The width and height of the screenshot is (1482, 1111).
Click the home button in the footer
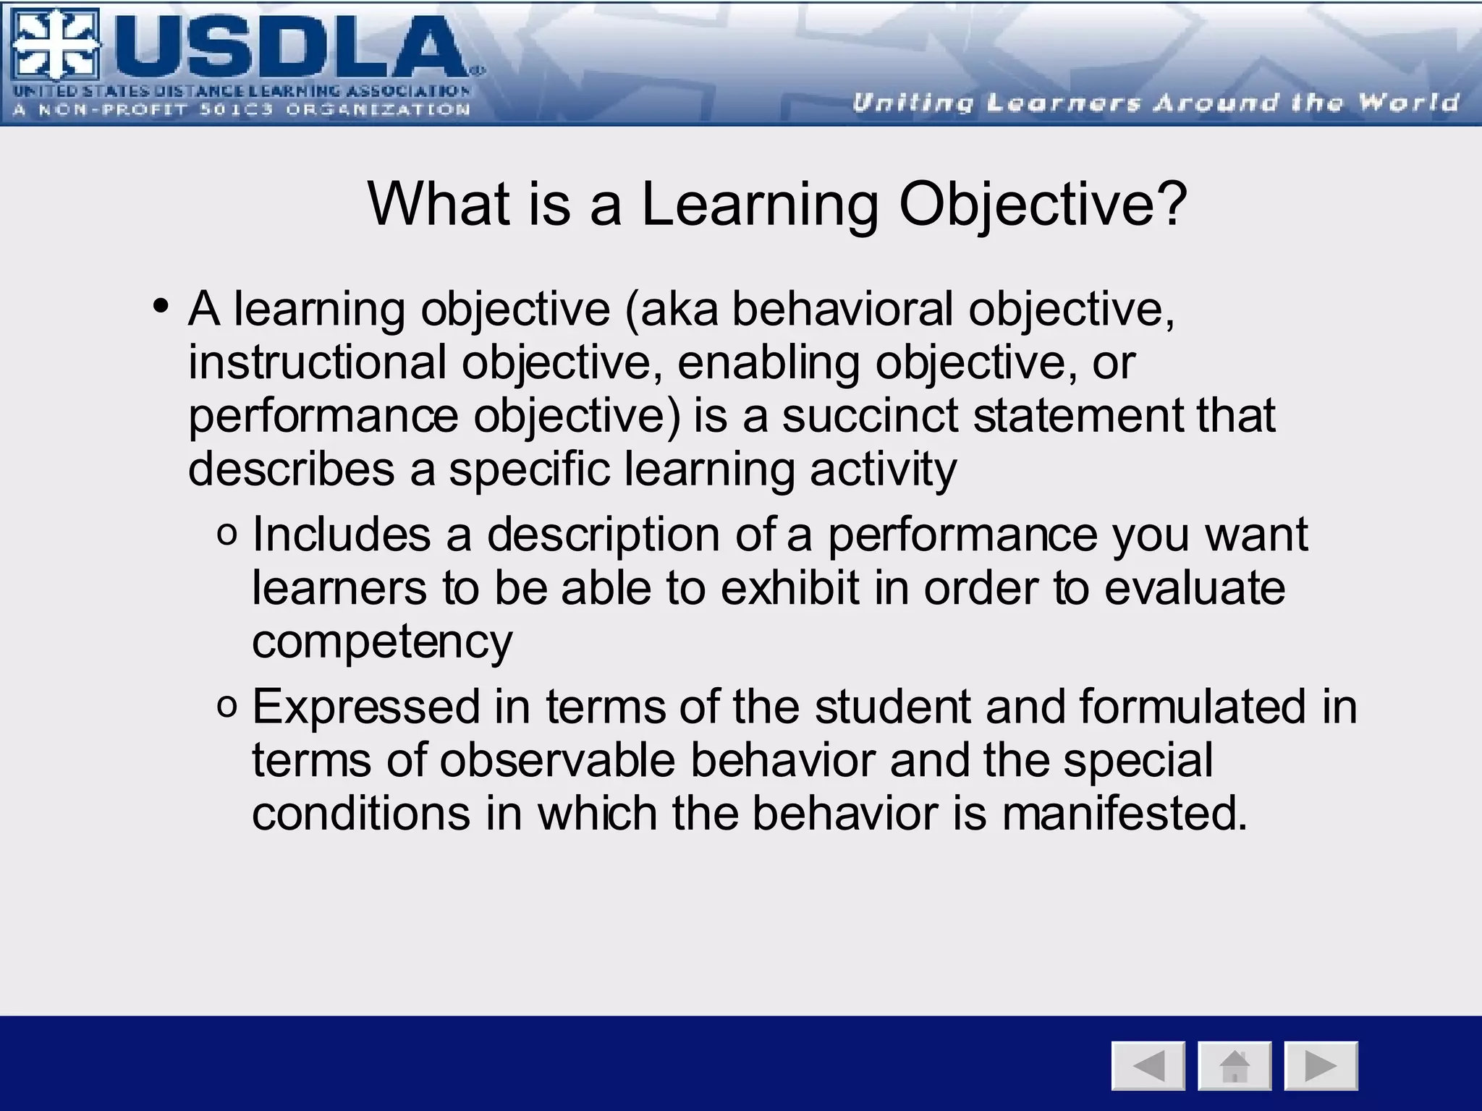[x=1235, y=1065]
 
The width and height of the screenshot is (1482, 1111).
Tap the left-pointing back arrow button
[x=1148, y=1065]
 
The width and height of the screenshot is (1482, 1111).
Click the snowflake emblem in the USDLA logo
[x=54, y=45]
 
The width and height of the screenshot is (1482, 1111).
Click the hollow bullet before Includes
[x=226, y=536]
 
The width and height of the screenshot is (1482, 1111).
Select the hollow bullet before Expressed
[x=226, y=707]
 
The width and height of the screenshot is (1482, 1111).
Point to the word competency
[x=382, y=641]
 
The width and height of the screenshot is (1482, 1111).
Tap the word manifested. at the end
[x=1125, y=813]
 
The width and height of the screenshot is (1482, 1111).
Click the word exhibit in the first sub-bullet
[x=790, y=587]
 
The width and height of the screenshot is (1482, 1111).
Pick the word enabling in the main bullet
[x=768, y=362]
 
